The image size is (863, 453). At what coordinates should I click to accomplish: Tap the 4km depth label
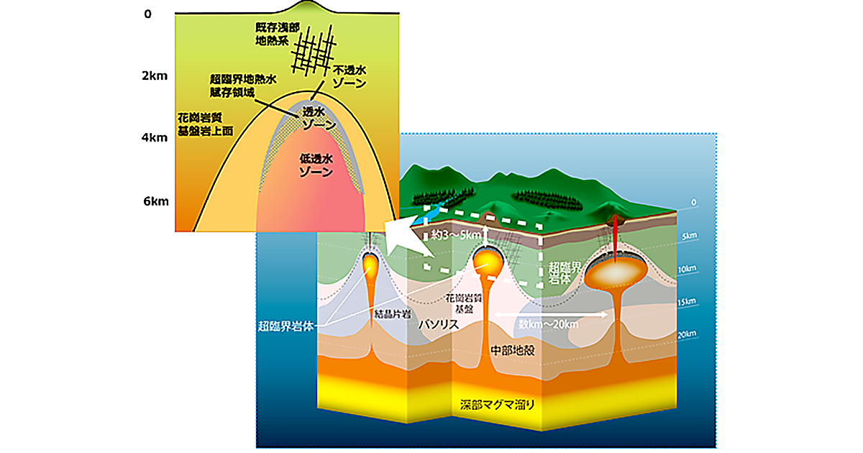click(155, 137)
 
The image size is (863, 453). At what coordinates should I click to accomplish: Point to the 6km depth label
click(155, 201)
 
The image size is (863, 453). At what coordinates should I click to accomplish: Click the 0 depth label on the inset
click(147, 14)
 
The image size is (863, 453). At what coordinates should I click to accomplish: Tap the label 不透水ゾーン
click(350, 77)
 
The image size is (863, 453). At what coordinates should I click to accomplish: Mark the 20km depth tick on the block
click(688, 334)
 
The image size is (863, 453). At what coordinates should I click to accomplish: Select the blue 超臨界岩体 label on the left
click(289, 325)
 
